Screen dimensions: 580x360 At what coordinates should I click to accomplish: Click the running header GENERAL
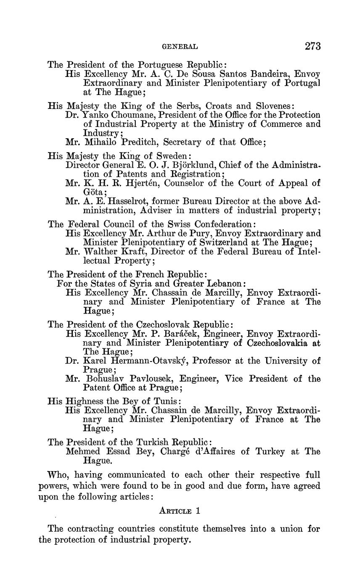(x=180, y=47)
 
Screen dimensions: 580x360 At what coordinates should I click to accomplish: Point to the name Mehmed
(x=86, y=452)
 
